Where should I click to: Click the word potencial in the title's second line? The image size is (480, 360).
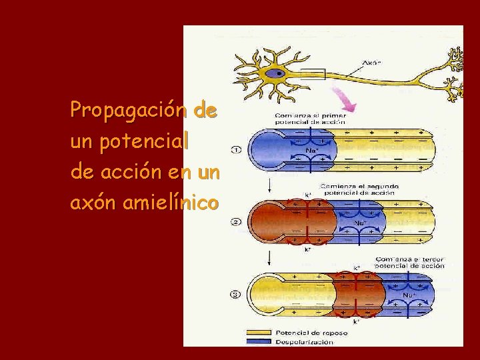point(146,141)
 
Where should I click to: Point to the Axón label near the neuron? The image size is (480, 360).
point(371,65)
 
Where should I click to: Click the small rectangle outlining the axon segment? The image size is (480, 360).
point(312,74)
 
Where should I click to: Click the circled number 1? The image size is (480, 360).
point(236,151)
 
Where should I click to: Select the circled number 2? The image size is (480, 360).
point(236,222)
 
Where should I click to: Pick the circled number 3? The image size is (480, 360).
point(236,293)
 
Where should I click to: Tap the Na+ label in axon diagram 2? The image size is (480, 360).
point(360,223)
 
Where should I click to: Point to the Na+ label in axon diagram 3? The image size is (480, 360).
point(408,294)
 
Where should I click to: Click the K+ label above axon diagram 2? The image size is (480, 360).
point(308,195)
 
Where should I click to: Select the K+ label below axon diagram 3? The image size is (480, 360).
point(356,321)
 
